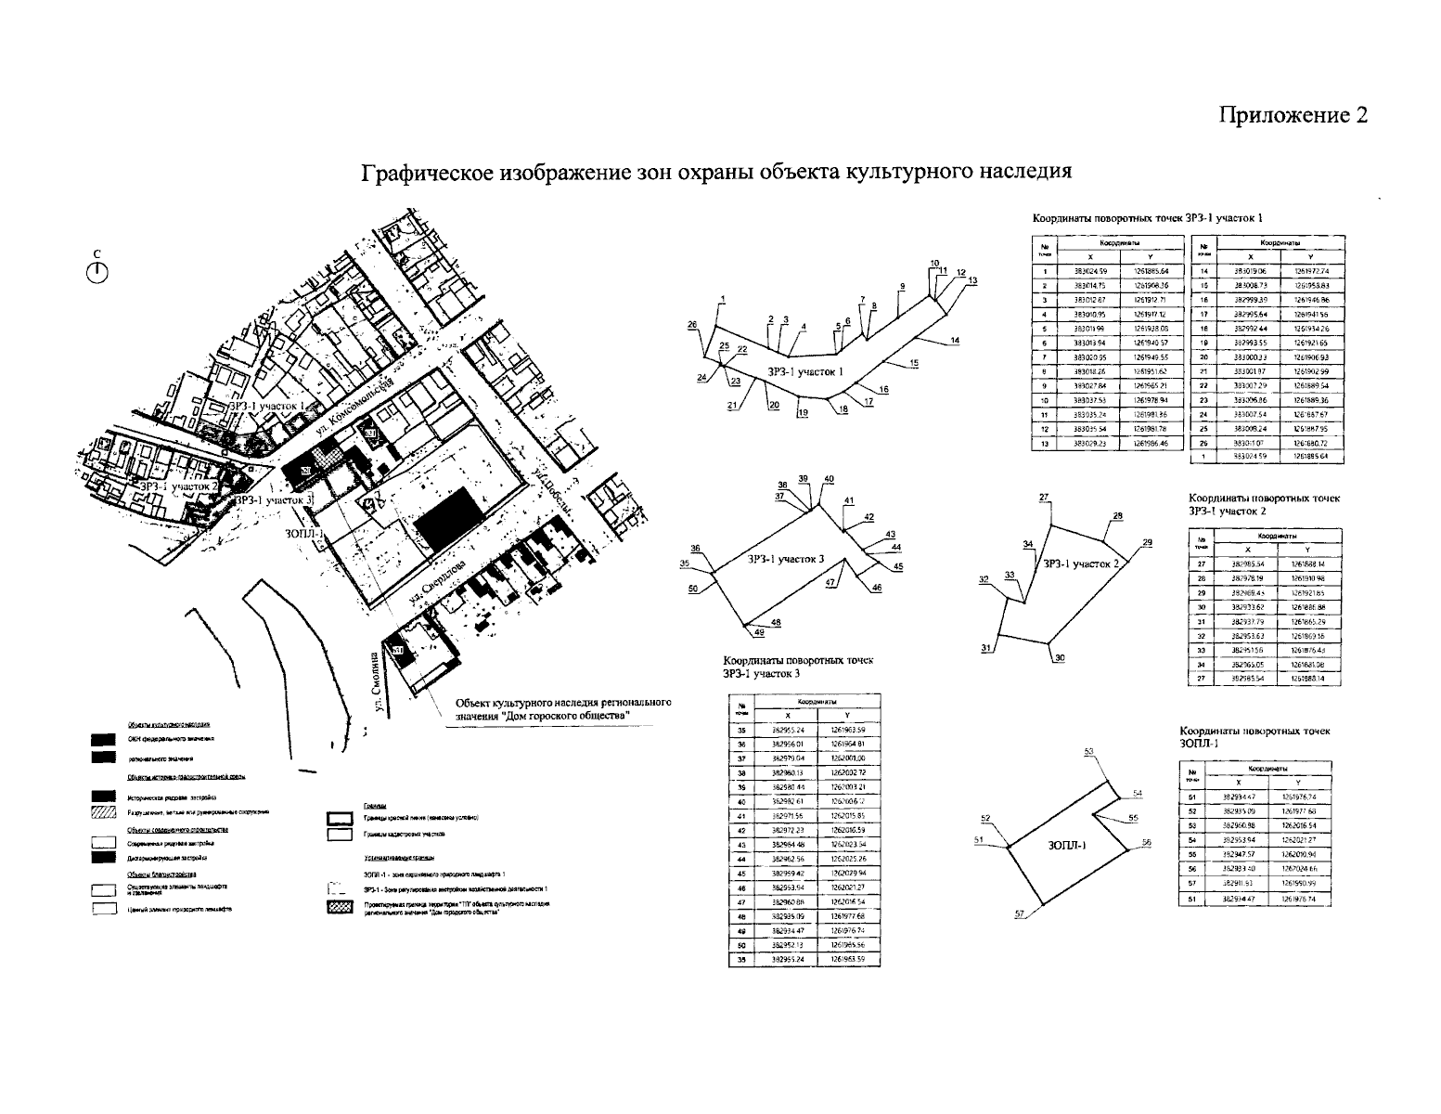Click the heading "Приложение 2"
coord(1293,115)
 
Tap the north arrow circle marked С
coord(97,271)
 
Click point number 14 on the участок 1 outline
coord(955,341)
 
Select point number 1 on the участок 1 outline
coord(722,299)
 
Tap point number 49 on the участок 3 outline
coord(759,633)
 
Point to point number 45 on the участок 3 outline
coord(898,566)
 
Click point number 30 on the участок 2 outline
coord(1061,658)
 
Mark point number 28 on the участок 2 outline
coord(1117,516)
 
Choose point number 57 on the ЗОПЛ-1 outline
coord(1019,914)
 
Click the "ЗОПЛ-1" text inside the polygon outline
coord(1068,845)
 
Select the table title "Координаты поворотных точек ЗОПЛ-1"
coord(1254,737)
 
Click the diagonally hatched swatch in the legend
coord(103,813)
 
